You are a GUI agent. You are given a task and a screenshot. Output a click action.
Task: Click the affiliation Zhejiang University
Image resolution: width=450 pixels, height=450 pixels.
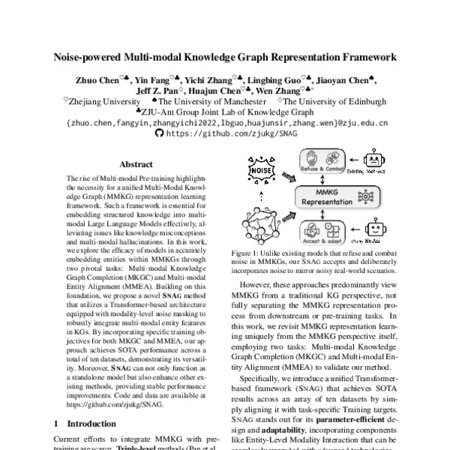(x=104, y=101)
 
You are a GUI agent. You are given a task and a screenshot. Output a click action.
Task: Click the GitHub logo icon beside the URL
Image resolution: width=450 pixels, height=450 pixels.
(x=158, y=133)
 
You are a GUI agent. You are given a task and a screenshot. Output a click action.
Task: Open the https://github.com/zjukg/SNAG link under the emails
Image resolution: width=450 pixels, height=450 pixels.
(x=225, y=133)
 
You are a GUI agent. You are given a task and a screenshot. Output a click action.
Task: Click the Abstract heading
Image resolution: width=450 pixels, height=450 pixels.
(x=137, y=163)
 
